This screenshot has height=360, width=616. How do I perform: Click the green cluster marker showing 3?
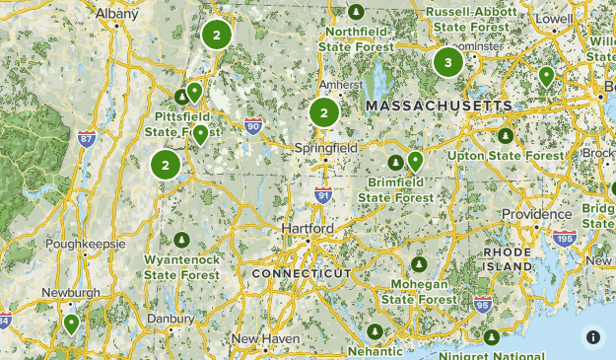pos(448,62)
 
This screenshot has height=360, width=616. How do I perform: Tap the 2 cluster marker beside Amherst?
pos(323,112)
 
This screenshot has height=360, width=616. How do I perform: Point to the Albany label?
pos(117,13)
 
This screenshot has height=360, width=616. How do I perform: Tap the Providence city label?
pos(537,214)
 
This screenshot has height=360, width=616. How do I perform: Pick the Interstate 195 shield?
pos(565,239)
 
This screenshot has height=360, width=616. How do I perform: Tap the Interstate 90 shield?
pos(253,125)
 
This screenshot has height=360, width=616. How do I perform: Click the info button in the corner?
pos(593,336)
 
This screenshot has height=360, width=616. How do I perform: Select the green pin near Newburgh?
pos(71,323)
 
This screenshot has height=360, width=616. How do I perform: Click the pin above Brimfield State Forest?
pos(415,160)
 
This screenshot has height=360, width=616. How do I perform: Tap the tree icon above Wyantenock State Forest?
pos(181,240)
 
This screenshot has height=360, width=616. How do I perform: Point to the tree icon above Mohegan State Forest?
pos(420,264)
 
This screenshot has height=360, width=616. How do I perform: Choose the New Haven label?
pos(265,339)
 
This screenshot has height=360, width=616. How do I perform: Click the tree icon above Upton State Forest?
pos(506,136)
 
